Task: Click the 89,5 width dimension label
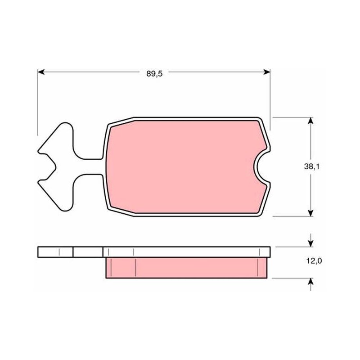[x=154, y=74]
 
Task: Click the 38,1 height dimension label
[x=311, y=166]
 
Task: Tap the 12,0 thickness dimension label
[x=314, y=261]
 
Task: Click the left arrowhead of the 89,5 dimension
[x=41, y=72]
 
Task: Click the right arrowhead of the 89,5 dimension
[x=267, y=72]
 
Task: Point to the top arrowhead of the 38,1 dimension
[x=310, y=121]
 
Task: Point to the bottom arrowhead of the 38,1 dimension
[x=310, y=212]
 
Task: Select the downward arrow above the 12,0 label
[x=310, y=240]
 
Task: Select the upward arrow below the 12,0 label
[x=310, y=285]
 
